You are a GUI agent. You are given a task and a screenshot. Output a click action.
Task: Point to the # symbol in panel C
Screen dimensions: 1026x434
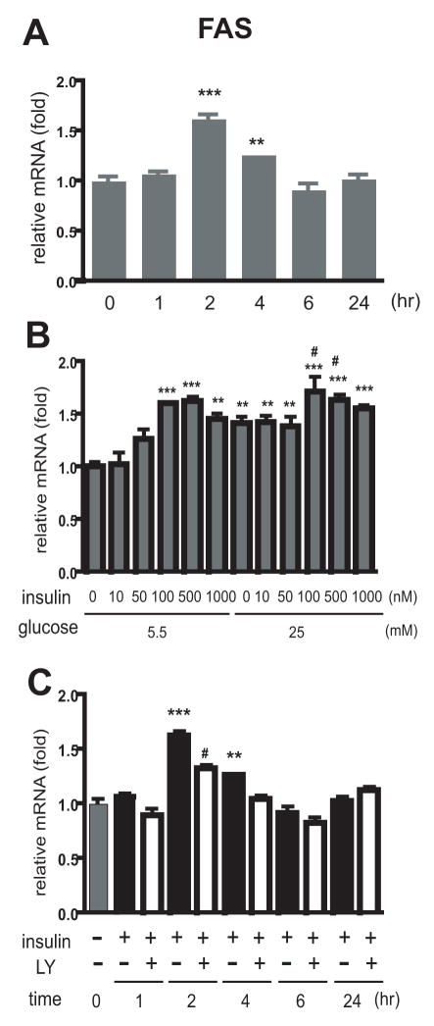click(x=207, y=753)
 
